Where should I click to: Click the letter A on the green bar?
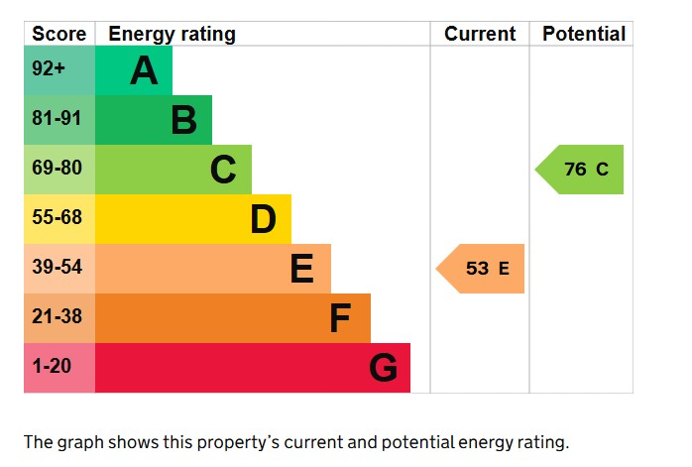[x=144, y=70]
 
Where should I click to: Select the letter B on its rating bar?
[x=183, y=120]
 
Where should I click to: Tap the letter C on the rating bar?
[x=223, y=170]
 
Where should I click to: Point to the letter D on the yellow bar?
[x=263, y=219]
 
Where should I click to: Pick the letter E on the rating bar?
[x=302, y=269]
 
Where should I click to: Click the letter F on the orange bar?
[x=341, y=318]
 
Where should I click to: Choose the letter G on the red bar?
[x=383, y=368]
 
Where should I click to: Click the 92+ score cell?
[x=51, y=70]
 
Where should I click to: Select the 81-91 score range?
[x=57, y=120]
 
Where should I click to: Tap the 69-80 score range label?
[x=57, y=170]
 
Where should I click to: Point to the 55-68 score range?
[x=57, y=219]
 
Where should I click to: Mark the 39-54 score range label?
[x=57, y=269]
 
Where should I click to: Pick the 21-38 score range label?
[x=57, y=318]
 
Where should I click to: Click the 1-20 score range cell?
[x=52, y=368]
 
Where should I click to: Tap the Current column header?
[x=480, y=34]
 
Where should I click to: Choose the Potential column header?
[x=584, y=34]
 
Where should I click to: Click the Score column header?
[x=59, y=34]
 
